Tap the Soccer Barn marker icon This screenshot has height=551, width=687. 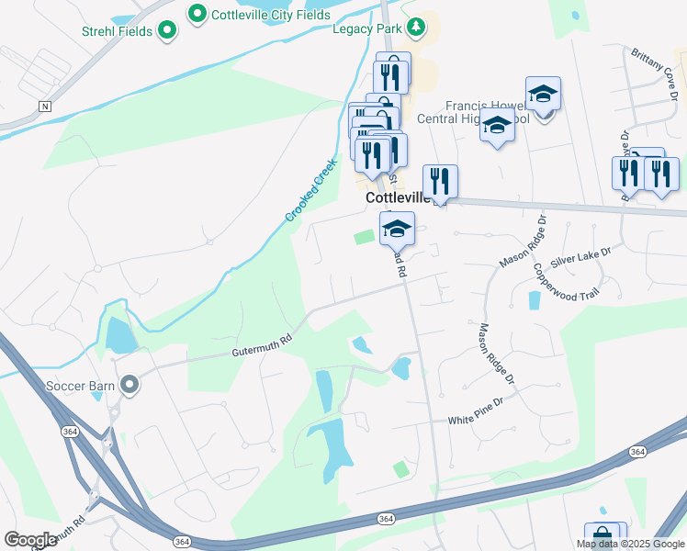[130, 385]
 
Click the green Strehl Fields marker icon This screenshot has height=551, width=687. [166, 31]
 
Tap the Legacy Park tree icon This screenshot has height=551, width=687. [416, 27]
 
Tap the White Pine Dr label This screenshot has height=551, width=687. [477, 420]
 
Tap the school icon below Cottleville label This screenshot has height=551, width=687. [398, 230]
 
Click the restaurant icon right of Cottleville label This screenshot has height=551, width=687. [440, 182]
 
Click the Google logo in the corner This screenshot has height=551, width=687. [30, 539]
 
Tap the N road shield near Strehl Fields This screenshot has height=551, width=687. [44, 107]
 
